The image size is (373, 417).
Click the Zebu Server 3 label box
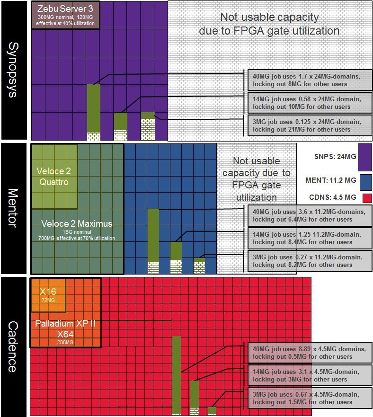click(x=66, y=15)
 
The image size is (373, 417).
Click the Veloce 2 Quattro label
click(x=53, y=177)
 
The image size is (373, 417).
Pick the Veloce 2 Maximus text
click(x=77, y=223)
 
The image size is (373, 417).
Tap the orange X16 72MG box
click(x=48, y=295)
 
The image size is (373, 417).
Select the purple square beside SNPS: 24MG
click(x=365, y=158)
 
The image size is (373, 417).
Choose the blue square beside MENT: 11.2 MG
click(x=365, y=182)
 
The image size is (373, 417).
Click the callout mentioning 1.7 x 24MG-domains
click(x=310, y=80)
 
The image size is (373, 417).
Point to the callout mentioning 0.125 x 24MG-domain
click(x=310, y=125)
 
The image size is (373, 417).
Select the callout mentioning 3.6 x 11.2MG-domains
click(x=310, y=215)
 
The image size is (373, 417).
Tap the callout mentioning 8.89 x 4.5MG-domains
click(x=310, y=353)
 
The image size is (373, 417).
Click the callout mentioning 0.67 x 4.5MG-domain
click(x=310, y=398)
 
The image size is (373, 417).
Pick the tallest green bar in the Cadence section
click(x=177, y=374)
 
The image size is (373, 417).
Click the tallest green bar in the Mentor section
click(x=153, y=235)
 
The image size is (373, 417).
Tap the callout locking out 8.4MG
click(x=310, y=238)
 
